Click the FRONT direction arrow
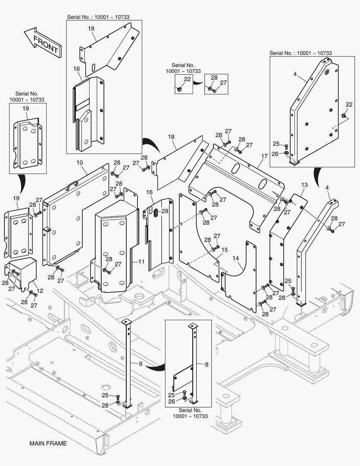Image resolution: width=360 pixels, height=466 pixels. (x=42, y=43)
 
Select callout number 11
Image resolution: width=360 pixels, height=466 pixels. (x=141, y=262)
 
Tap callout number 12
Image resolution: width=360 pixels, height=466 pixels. (x=40, y=291)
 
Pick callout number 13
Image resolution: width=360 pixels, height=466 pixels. (x=304, y=185)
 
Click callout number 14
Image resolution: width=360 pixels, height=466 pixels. (x=235, y=258)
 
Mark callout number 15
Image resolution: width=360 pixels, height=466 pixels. (x=225, y=250)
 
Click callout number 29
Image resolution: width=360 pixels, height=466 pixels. (x=165, y=211)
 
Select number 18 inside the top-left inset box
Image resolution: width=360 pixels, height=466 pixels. (x=91, y=28)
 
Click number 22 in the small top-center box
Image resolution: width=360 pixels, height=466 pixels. (x=187, y=79)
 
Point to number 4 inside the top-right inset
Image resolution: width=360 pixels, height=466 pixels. (x=295, y=74)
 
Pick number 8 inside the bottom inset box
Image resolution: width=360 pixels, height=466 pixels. (x=206, y=364)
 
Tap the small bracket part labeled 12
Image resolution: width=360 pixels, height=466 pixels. (x=21, y=272)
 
